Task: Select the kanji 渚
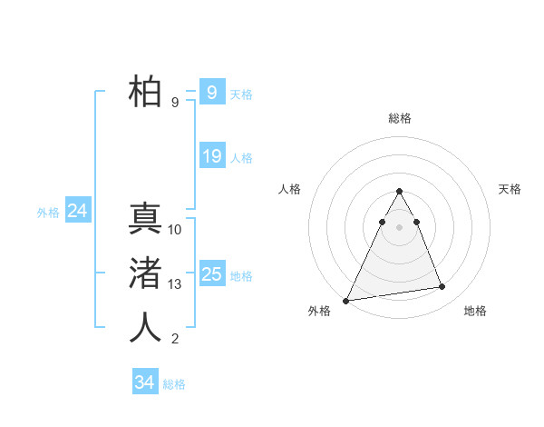(146, 273)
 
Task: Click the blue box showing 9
(211, 92)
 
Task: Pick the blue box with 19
(211, 156)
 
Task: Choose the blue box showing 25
(211, 274)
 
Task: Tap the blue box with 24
(77, 211)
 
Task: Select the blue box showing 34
(144, 382)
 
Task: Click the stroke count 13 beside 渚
(175, 284)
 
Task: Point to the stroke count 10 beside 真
(175, 230)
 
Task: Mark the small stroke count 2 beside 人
(175, 339)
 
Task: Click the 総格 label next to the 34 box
(174, 384)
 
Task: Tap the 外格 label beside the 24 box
(48, 213)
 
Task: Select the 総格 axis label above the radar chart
(400, 118)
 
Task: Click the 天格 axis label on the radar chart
(510, 189)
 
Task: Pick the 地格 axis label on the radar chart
(475, 311)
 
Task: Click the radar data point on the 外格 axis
(345, 300)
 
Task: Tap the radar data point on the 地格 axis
(442, 287)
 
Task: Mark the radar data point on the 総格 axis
(399, 191)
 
